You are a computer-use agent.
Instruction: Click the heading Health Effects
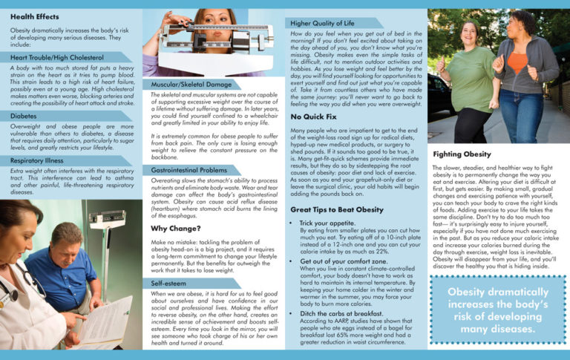click(35, 16)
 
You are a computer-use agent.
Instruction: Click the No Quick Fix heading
click(315, 117)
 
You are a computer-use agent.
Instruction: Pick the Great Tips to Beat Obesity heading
click(336, 209)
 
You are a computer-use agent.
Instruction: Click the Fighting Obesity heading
click(461, 154)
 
